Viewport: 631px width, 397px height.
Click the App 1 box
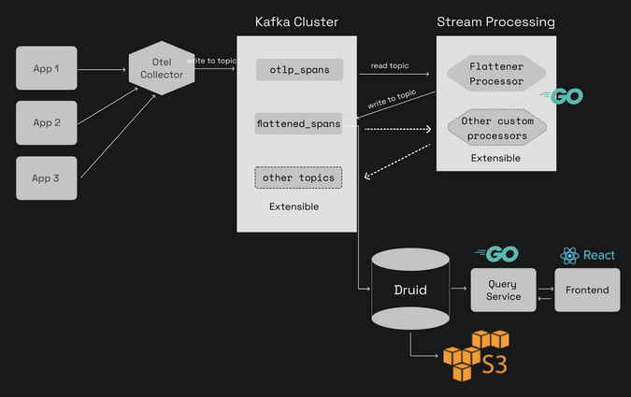47,69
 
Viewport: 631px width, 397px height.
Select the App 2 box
47,122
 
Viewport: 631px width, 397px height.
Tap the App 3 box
47,177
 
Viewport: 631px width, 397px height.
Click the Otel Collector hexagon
162,68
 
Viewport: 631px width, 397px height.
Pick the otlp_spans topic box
299,69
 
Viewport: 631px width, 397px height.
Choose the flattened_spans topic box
298,122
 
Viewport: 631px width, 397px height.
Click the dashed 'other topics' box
298,177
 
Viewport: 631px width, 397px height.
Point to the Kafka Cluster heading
296,21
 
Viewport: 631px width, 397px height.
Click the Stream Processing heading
495,21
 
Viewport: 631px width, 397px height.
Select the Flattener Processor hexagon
495,75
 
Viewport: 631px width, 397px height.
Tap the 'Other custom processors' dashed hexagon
495,129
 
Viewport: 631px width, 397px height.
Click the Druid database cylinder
409,289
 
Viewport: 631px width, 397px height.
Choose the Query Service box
503,290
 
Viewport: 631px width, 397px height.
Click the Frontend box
587,290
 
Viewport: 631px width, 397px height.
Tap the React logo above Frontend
587,255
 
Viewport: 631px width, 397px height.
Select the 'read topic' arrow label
390,65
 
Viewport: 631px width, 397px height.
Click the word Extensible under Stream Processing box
495,158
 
